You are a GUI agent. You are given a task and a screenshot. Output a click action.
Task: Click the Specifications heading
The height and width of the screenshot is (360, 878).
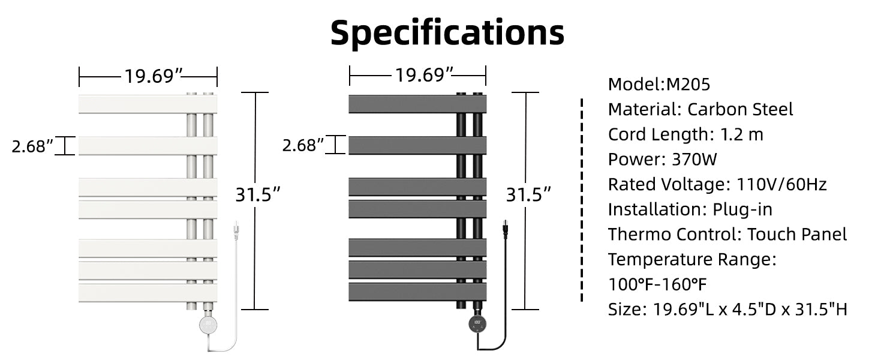point(447,33)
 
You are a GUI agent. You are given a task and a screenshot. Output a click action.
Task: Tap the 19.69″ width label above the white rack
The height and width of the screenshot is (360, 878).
point(154,76)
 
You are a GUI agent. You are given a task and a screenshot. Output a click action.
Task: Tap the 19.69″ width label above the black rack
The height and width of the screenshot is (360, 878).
point(424,75)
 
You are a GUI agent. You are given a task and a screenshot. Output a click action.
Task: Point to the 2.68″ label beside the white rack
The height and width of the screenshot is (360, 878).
point(32,146)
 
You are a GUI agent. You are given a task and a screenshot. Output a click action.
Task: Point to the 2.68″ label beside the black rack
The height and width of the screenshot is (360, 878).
point(303,145)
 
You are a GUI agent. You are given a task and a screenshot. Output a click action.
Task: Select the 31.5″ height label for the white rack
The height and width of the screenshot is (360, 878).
point(258,194)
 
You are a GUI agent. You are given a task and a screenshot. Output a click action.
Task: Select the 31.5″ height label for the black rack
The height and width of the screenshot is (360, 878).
point(528,194)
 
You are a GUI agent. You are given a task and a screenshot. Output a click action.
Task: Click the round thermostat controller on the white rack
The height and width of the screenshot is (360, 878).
point(208,325)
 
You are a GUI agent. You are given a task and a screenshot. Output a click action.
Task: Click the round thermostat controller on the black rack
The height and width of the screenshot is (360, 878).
point(477,324)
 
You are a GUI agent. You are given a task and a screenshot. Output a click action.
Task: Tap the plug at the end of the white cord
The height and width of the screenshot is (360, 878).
point(236,230)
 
